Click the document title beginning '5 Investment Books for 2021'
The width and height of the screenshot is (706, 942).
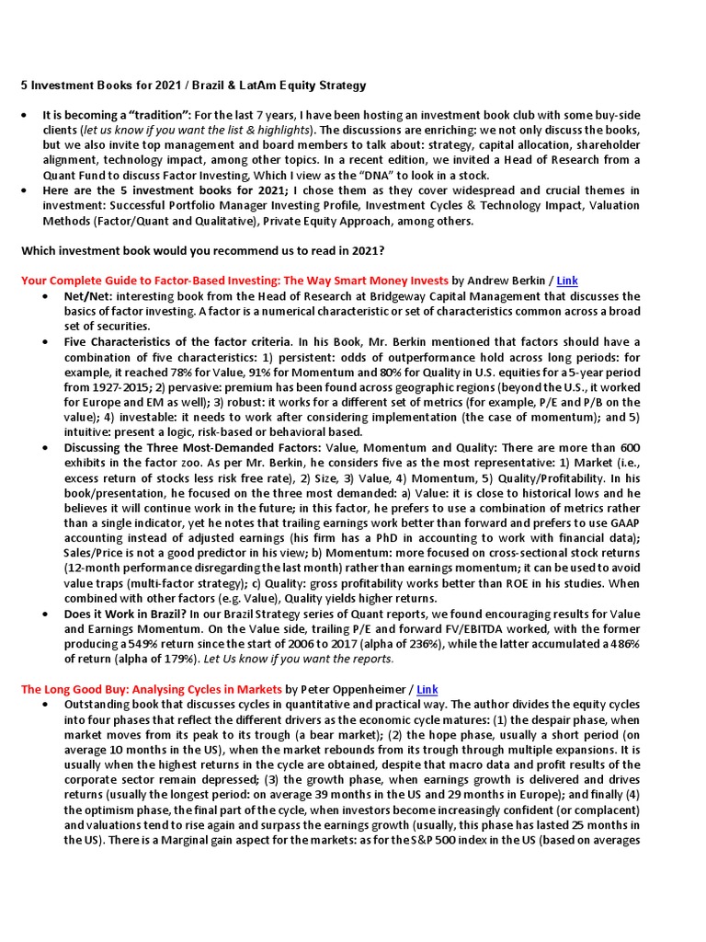point(193,86)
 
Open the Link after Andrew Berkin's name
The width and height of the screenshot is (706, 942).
point(567,280)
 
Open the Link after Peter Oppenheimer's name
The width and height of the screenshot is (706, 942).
point(427,688)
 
